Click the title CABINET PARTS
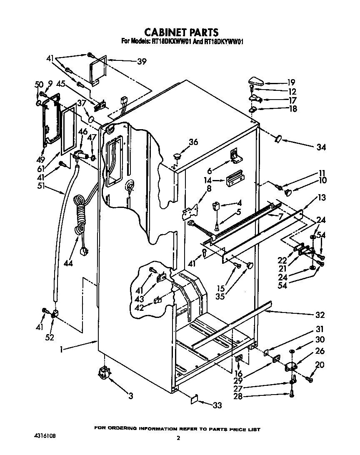[181, 32]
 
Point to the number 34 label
[320, 147]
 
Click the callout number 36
[193, 142]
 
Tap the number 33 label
[217, 405]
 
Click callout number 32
[320, 315]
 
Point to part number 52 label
[50, 337]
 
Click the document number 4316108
[44, 436]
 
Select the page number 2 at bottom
[178, 438]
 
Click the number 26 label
[320, 351]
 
